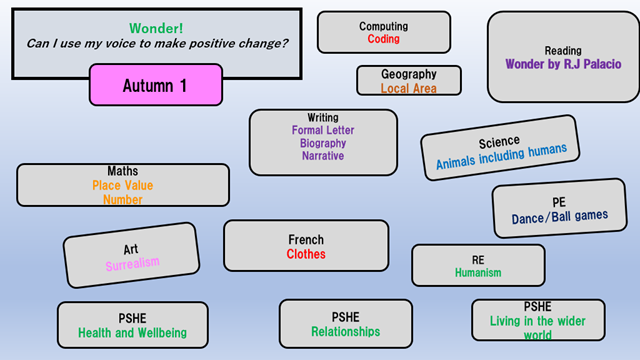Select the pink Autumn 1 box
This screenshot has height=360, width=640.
[x=154, y=86]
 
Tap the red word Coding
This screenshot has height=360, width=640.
[x=383, y=40]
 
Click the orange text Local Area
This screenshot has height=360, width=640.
[x=409, y=88]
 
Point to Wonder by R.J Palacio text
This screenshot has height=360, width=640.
[x=563, y=64]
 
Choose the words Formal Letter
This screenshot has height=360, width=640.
[x=323, y=130]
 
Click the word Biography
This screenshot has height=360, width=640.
[x=323, y=143]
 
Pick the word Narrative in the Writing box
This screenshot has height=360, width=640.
[x=323, y=156]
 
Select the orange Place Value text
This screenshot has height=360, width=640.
[x=123, y=185]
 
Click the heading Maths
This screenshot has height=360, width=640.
[x=123, y=171]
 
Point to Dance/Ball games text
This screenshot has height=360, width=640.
[x=559, y=216]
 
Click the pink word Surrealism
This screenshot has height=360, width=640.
[x=133, y=264]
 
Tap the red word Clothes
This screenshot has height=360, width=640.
[x=306, y=254]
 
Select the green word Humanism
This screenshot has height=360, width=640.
[x=478, y=272]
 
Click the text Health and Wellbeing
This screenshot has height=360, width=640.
[x=133, y=332]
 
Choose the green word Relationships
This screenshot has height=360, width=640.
[x=345, y=332]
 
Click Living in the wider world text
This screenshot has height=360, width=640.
[x=538, y=328]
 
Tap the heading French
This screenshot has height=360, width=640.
[x=306, y=240]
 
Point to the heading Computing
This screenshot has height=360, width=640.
[x=383, y=26]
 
